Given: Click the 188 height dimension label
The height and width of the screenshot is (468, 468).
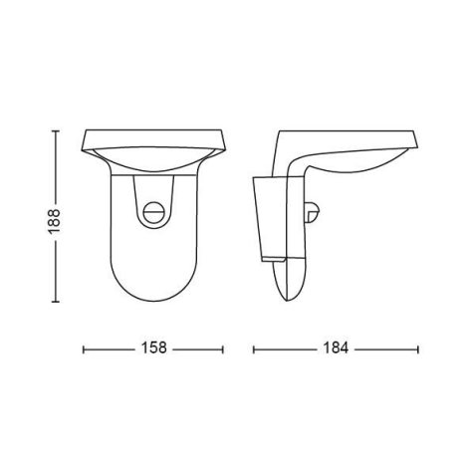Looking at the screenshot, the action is coord(55,221).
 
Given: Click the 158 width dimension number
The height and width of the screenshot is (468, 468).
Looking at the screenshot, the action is coord(153,349).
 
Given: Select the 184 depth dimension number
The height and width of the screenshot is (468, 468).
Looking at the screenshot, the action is coord(336,349).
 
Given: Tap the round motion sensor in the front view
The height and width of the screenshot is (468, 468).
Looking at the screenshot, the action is coord(153,211).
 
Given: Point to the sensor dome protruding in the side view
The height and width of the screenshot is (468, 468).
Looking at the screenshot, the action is coord(313,212).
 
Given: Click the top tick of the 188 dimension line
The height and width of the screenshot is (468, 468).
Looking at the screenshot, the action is coord(56,131).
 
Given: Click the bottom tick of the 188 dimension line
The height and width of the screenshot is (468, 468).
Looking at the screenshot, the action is coord(56,302).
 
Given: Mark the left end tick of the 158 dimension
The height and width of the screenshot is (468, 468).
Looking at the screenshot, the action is coord(84,350).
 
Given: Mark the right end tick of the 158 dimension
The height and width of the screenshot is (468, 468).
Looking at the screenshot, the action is coord(223,350).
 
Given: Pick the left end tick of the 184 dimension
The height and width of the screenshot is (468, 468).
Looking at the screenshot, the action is coord(254,350).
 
